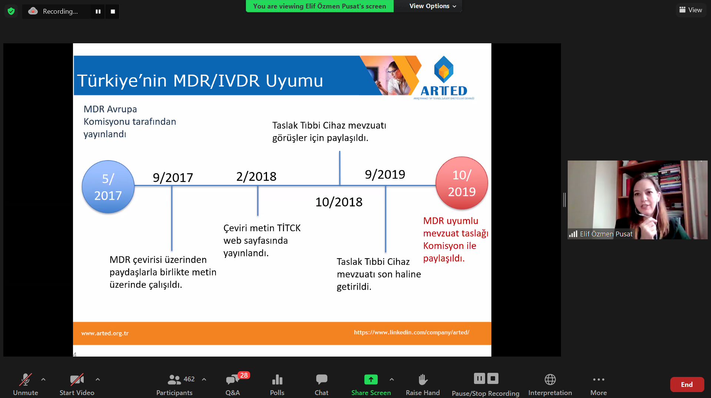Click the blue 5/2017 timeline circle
click(x=108, y=187)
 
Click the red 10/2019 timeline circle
click(x=462, y=183)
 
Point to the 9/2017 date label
click(x=173, y=178)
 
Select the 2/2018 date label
click(x=256, y=176)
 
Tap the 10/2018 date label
click(x=339, y=202)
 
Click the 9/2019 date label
click(x=385, y=174)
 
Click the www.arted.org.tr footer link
click(x=105, y=333)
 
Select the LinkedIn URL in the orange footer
click(x=412, y=333)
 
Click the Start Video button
click(x=77, y=385)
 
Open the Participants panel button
click(x=174, y=385)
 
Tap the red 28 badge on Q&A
click(x=244, y=375)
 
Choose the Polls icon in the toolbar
click(x=277, y=380)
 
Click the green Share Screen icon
click(x=371, y=380)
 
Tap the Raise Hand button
click(x=423, y=385)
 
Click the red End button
click(x=687, y=385)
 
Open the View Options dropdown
click(x=433, y=6)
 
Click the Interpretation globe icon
click(x=550, y=380)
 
